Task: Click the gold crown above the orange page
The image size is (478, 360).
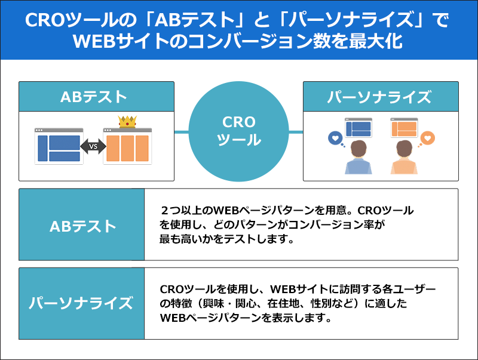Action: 127,121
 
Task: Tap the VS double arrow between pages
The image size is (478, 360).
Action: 93,146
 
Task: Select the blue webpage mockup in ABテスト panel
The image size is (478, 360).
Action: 59,146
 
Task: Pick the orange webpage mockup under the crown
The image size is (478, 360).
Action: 127,147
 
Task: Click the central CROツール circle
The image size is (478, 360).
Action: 238,131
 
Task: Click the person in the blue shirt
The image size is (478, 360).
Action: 358,158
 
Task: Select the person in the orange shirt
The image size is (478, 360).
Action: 403,158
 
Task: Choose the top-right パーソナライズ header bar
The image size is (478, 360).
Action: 380,97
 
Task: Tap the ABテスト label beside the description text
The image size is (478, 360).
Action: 82,226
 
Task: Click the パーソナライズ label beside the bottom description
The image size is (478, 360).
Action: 82,303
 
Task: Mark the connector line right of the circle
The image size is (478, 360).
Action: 296,131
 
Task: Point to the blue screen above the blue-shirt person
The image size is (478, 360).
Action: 358,127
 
